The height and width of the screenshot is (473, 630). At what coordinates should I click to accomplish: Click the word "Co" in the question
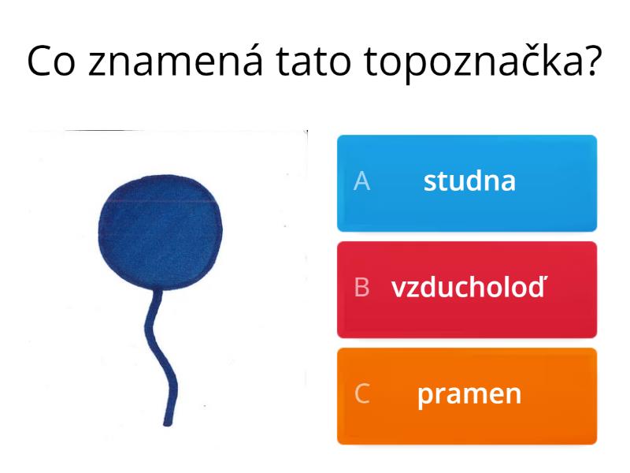coord(51,61)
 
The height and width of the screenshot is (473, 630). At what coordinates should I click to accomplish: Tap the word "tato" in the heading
coord(313,61)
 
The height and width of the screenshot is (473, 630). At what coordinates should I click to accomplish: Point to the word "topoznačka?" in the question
coord(483,63)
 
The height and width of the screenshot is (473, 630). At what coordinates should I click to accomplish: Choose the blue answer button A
coord(467,184)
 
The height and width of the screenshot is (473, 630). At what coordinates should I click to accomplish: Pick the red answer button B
coord(467,289)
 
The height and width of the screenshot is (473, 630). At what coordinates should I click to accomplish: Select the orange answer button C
coord(467,397)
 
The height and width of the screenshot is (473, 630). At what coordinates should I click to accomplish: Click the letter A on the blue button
coord(361,181)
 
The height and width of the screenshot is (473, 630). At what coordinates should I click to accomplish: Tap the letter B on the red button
coord(361,287)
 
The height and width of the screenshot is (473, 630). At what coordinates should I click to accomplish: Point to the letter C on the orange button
coord(362,393)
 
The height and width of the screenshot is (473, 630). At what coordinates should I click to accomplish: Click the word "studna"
coord(469,181)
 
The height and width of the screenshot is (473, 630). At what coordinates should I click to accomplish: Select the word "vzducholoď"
coord(469,287)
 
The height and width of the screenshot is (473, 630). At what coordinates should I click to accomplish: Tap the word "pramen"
coord(469,396)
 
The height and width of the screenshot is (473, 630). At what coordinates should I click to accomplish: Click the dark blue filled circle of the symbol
coord(161,232)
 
